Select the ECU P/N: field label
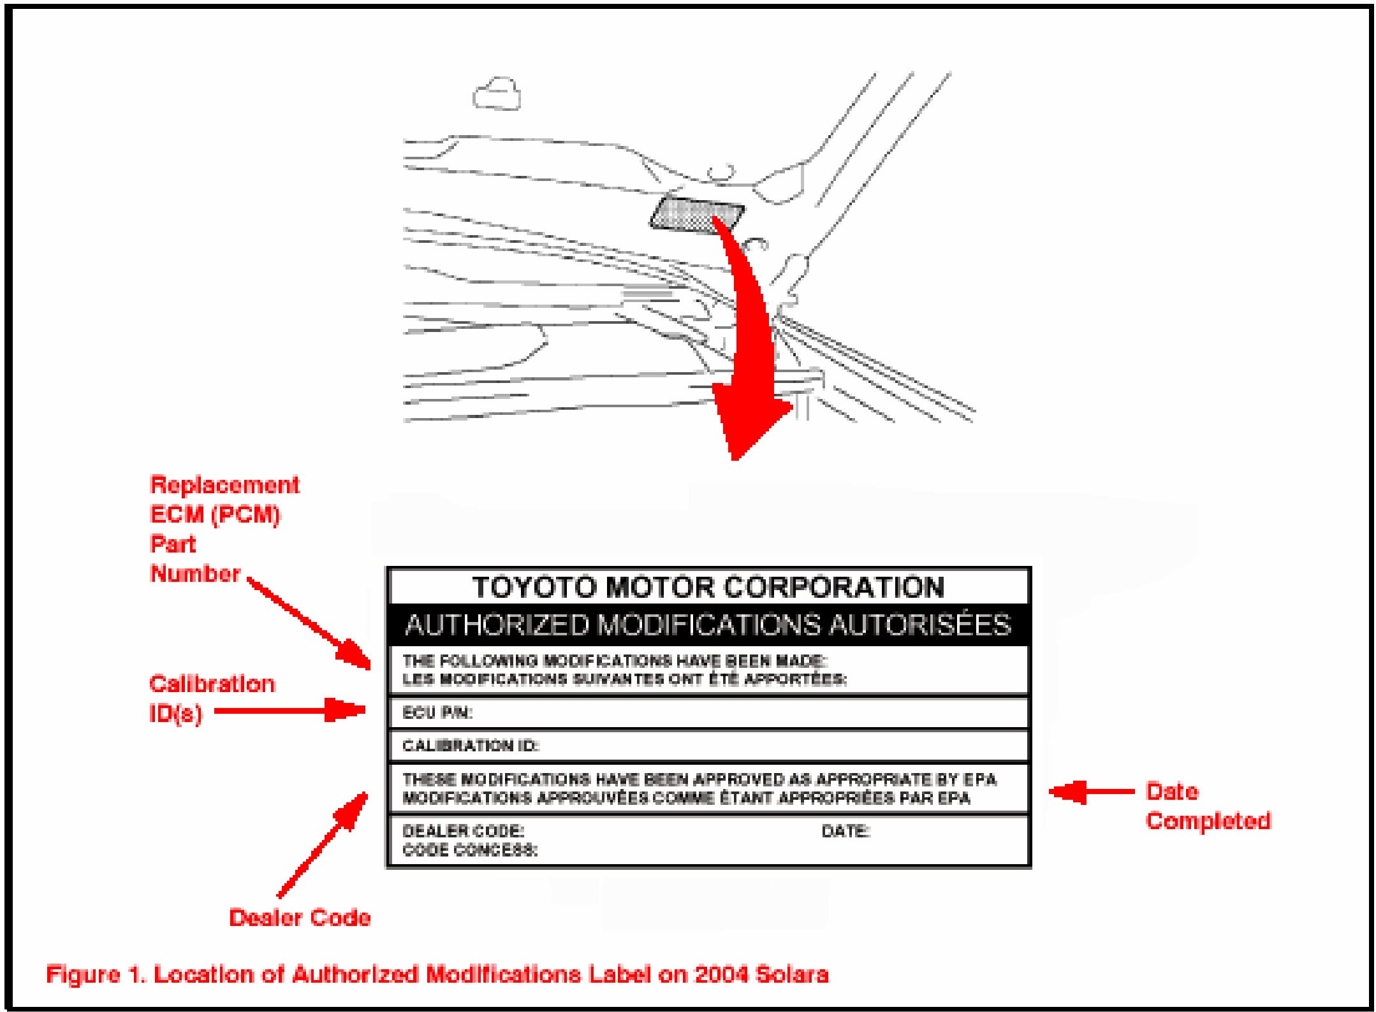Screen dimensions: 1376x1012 [437, 712]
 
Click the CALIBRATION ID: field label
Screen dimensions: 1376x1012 [471, 745]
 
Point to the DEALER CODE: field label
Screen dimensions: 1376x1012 [463, 830]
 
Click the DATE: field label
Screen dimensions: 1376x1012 [845, 830]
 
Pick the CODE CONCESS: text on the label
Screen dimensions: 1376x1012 [470, 849]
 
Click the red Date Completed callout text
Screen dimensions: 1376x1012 [1207, 806]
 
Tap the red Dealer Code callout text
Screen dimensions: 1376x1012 [300, 917]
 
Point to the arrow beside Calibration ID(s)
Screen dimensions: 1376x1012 [290, 709]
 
